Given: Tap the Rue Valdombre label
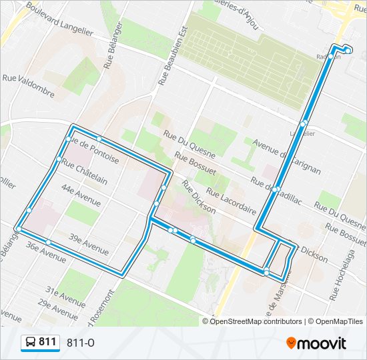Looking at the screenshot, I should [28, 84].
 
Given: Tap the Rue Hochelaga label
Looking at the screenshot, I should [344, 274].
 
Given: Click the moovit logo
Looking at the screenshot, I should [316, 343].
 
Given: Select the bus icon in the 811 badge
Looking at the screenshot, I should [31, 343].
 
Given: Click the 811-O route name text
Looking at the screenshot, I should [81, 343].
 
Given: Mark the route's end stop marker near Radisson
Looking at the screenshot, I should [348, 50].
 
